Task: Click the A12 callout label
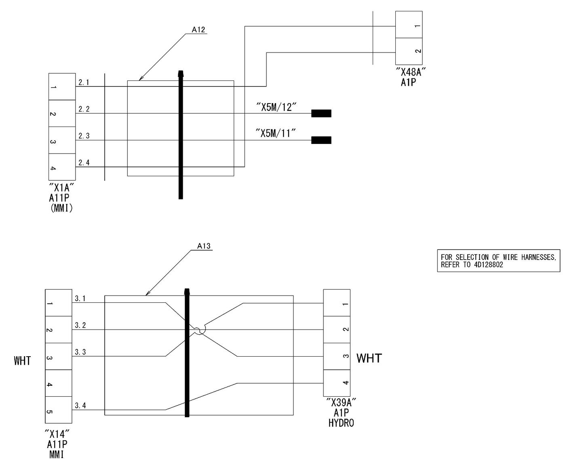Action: [x=198, y=30]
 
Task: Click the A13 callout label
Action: [x=203, y=246]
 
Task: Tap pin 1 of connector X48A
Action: [x=408, y=25]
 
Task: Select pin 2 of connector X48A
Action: [x=408, y=51]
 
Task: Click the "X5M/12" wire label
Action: [x=276, y=107]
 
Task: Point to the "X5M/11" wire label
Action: [x=276, y=133]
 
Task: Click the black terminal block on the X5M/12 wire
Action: [x=321, y=113]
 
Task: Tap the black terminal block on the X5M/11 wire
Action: [x=321, y=140]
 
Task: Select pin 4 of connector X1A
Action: [x=62, y=167]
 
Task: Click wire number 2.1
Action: [x=84, y=82]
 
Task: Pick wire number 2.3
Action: [x=84, y=136]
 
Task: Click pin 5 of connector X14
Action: [x=58, y=410]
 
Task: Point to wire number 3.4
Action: [x=80, y=406]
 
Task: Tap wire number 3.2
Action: [x=80, y=325]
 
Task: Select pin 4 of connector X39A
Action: [x=337, y=383]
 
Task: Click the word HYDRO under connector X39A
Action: [x=341, y=423]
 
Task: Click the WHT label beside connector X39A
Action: [x=369, y=358]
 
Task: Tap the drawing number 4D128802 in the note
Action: [x=488, y=265]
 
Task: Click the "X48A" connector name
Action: [x=411, y=72]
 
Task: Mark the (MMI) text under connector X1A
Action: [x=61, y=208]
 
